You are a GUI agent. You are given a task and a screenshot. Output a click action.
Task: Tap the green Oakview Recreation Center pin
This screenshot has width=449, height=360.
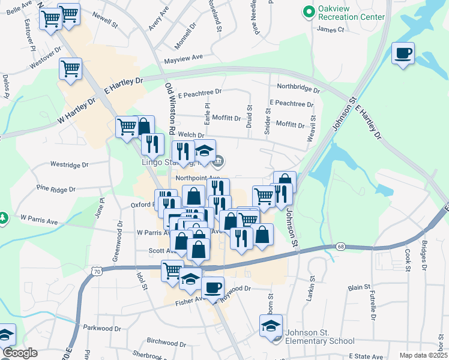point(309,12)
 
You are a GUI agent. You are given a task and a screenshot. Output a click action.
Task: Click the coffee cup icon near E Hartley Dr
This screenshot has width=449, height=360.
point(403,53)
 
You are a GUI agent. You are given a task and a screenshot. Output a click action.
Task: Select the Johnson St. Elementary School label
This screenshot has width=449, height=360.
point(319,337)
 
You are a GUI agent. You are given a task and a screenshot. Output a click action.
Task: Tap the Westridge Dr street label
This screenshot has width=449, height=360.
point(69,164)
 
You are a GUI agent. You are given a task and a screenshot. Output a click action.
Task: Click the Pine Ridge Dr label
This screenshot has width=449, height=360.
point(56,188)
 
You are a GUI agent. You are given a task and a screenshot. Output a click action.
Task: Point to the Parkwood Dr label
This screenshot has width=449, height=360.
point(102,328)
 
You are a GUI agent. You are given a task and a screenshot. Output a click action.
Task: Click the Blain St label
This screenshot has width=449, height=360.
point(359,287)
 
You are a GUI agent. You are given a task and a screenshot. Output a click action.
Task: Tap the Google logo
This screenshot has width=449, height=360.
point(20,353)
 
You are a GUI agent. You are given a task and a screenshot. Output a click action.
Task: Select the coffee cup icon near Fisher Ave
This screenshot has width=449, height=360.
point(212,287)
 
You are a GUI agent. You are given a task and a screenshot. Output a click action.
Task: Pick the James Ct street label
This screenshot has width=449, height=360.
point(330,29)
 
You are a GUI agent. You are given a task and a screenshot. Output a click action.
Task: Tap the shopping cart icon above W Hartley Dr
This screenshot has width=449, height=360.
point(71,68)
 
